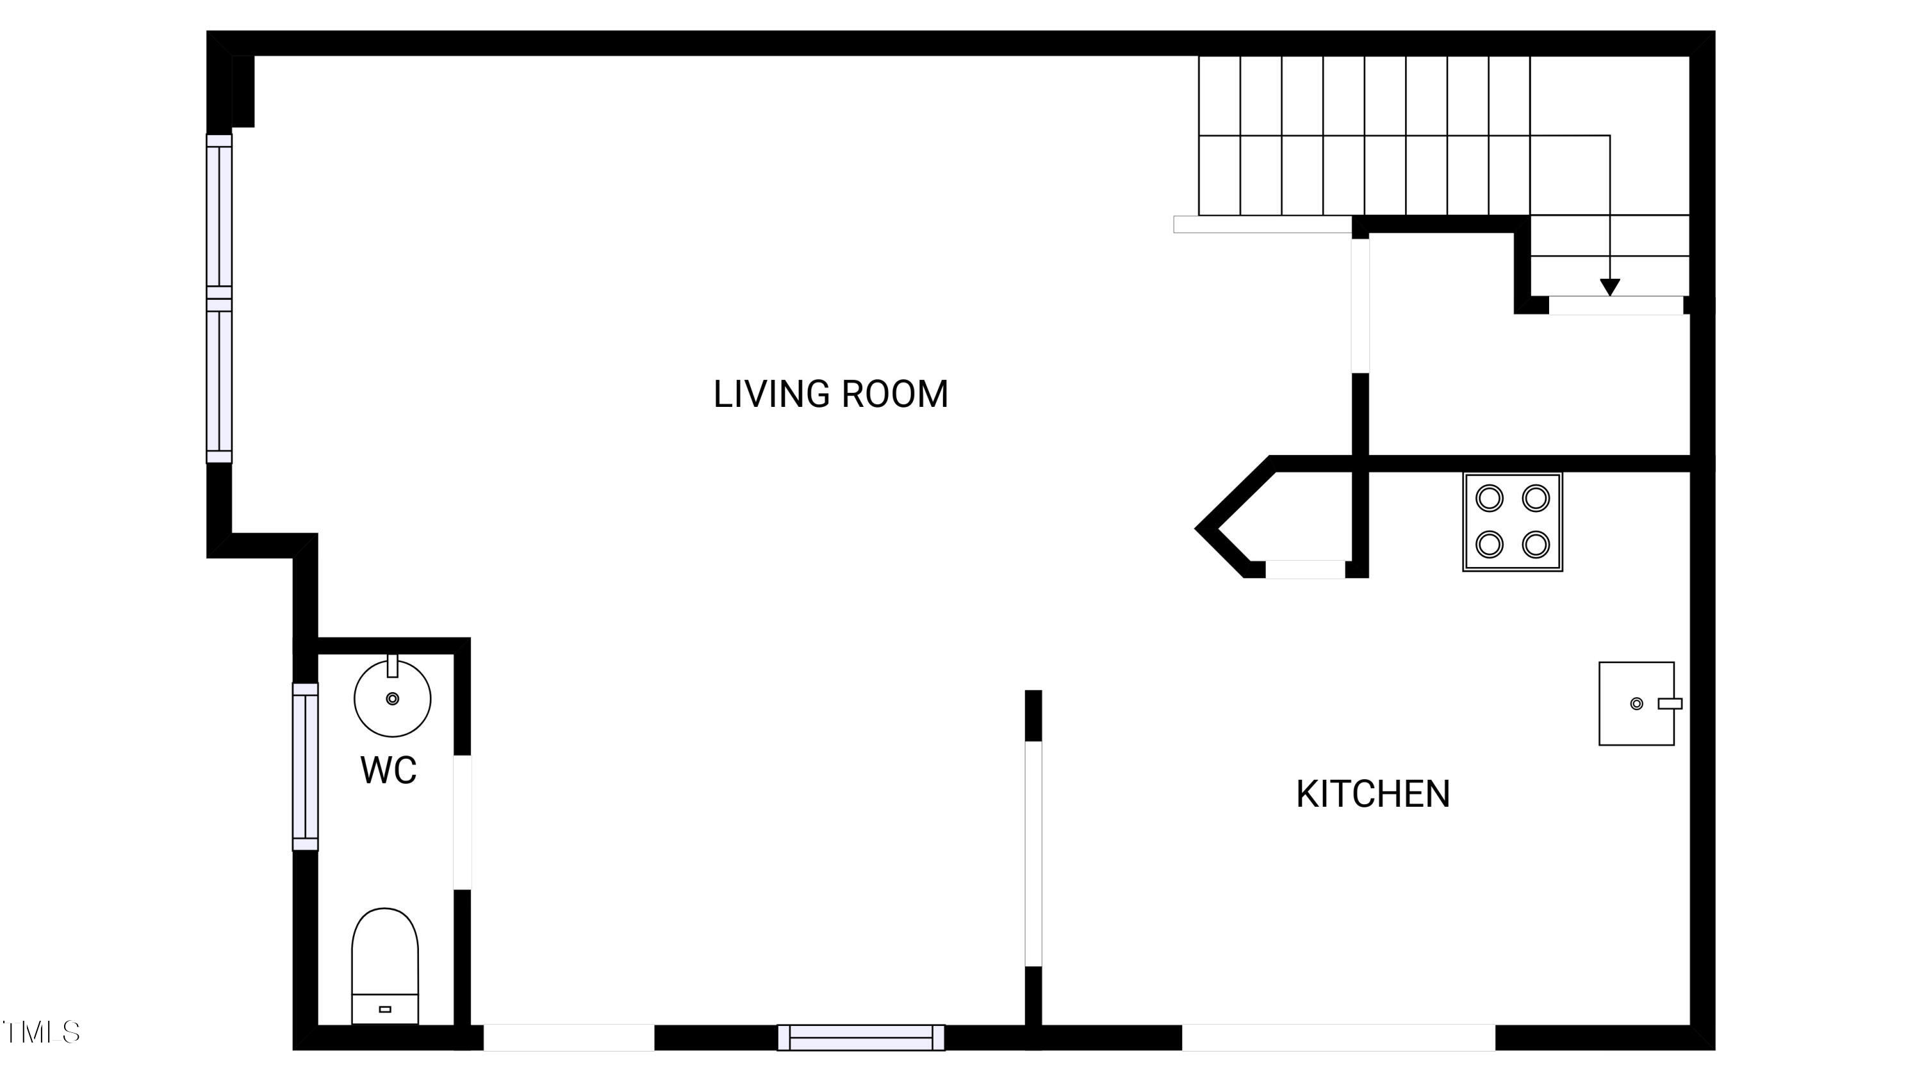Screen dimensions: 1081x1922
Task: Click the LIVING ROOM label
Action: tap(830, 395)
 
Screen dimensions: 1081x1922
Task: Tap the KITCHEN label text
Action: tap(1373, 795)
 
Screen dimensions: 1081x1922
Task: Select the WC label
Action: tap(388, 771)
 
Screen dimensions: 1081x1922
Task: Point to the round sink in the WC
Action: tap(393, 698)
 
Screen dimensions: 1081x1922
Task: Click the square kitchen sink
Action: tap(1637, 704)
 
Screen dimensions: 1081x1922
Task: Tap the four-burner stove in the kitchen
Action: tap(1513, 522)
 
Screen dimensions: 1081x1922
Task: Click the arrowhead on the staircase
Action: tap(1610, 286)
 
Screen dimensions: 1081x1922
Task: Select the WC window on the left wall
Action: tap(305, 766)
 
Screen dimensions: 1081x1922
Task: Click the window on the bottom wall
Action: tap(861, 1037)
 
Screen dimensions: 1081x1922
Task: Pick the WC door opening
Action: tap(463, 822)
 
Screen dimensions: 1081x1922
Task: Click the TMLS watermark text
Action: tap(41, 1032)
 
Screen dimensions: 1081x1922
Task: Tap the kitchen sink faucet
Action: tap(1670, 704)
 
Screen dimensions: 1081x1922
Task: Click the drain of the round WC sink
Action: tap(393, 698)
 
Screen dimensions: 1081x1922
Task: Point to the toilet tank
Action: tap(385, 1009)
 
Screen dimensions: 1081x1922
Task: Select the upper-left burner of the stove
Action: tap(1490, 499)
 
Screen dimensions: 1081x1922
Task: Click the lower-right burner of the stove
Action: tap(1536, 545)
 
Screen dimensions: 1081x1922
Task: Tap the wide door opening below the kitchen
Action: tap(1338, 1037)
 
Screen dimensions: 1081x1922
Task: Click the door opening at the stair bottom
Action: tap(1616, 305)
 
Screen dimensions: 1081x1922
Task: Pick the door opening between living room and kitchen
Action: tap(1033, 854)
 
